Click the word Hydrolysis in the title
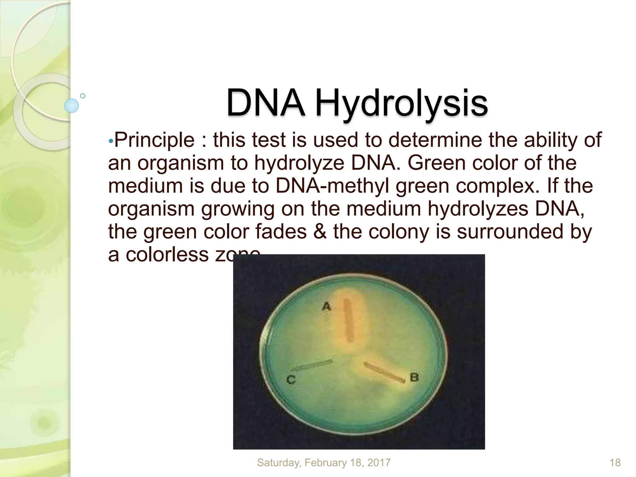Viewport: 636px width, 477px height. pos(401,103)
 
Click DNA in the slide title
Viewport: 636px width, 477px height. pos(266,103)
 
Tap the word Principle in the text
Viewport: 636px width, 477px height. pos(154,140)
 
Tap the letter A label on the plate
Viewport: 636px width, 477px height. pos(326,307)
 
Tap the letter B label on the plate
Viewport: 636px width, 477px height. pos(414,378)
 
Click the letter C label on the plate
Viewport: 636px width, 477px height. pos(291,379)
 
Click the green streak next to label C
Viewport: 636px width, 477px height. pos(312,365)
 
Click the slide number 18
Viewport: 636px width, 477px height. pos(615,463)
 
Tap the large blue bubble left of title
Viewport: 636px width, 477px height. pos(71,106)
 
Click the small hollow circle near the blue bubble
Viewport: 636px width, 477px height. pos(83,96)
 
